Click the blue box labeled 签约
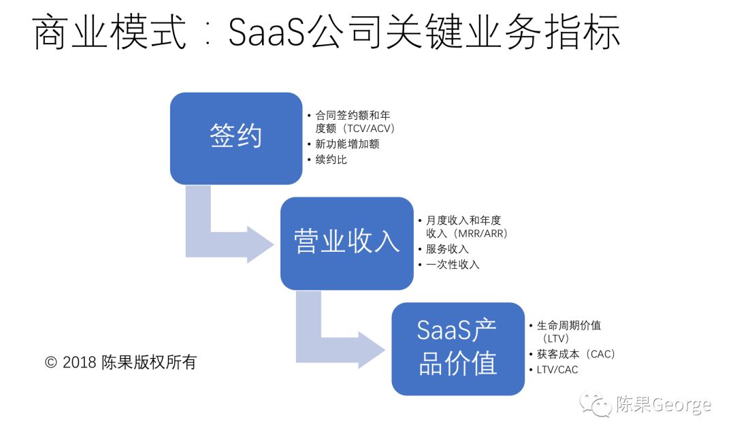235,138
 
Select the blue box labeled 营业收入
346,243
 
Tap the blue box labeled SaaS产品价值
457,348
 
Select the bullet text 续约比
331,161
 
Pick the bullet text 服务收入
447,249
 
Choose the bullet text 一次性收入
453,265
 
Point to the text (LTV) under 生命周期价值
556,338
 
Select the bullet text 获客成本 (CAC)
576,354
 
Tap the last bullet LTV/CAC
557,370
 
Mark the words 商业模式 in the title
110,33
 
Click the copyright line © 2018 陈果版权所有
120,362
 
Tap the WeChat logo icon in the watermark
595,405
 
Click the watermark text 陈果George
663,406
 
